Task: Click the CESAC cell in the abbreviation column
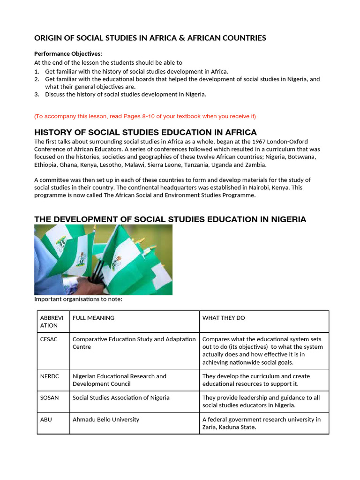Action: (x=49, y=339)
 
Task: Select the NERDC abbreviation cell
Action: (x=50, y=376)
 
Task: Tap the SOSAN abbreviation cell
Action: (x=50, y=397)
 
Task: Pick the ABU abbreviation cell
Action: (x=46, y=420)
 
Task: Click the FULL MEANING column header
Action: (x=93, y=318)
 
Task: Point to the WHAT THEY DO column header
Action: (x=224, y=318)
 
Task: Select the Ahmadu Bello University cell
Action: (x=106, y=420)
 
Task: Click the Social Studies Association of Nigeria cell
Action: (x=121, y=397)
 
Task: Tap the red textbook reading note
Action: (x=145, y=116)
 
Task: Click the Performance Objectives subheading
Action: (x=68, y=54)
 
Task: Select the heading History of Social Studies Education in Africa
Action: (x=145, y=132)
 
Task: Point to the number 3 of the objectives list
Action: (x=37, y=94)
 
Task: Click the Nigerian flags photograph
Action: (x=103, y=260)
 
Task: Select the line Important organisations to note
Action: (x=78, y=300)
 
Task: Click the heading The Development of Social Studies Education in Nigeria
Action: (x=170, y=219)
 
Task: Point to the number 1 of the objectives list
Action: (x=37, y=72)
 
